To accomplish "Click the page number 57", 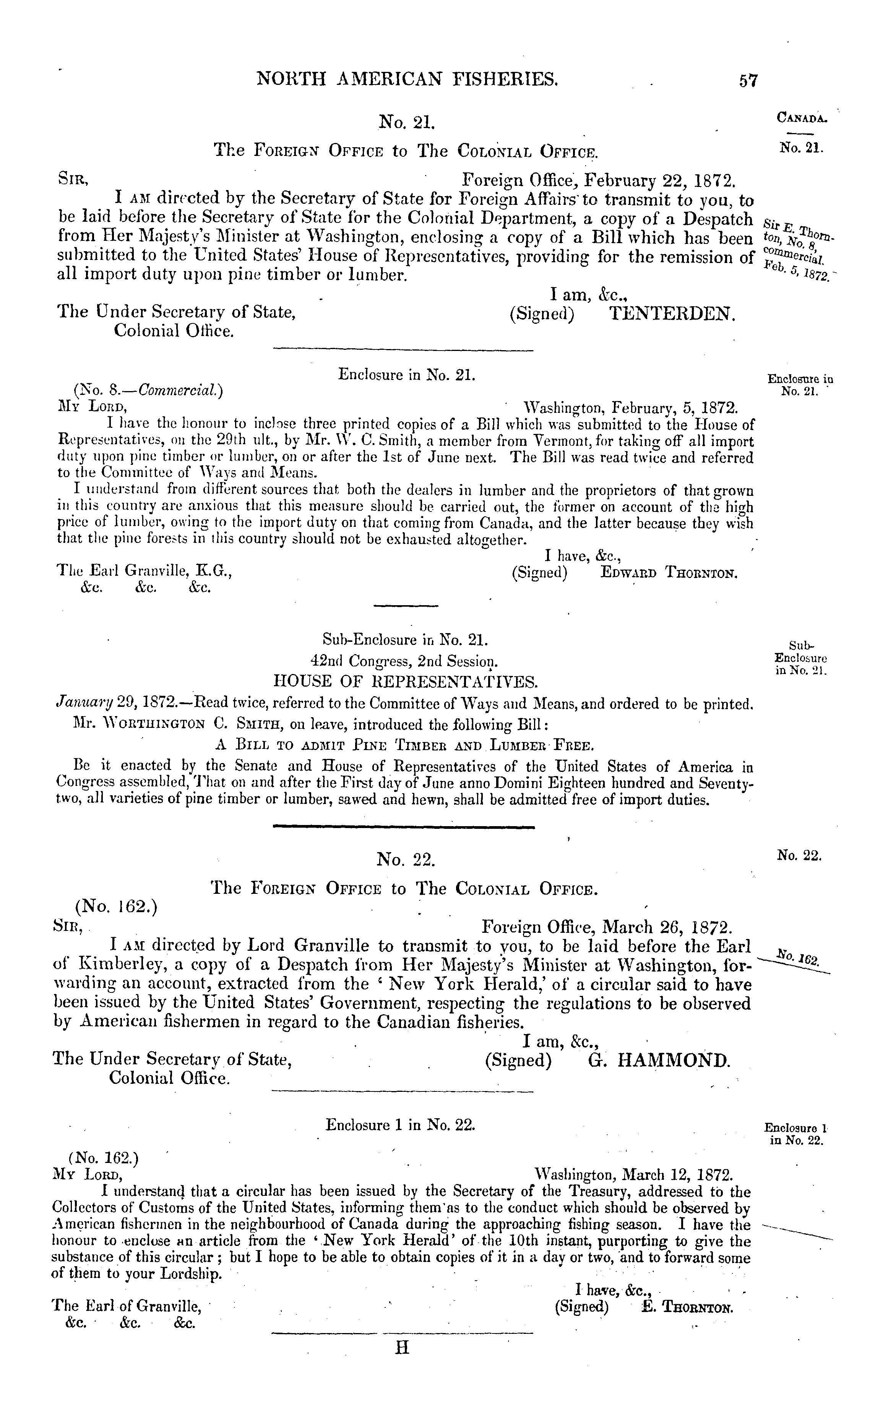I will pos(748,80).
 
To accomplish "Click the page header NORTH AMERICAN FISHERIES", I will pos(407,78).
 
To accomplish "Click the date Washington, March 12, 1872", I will pos(634,1175).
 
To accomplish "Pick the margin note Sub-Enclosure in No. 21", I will pos(800,659).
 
